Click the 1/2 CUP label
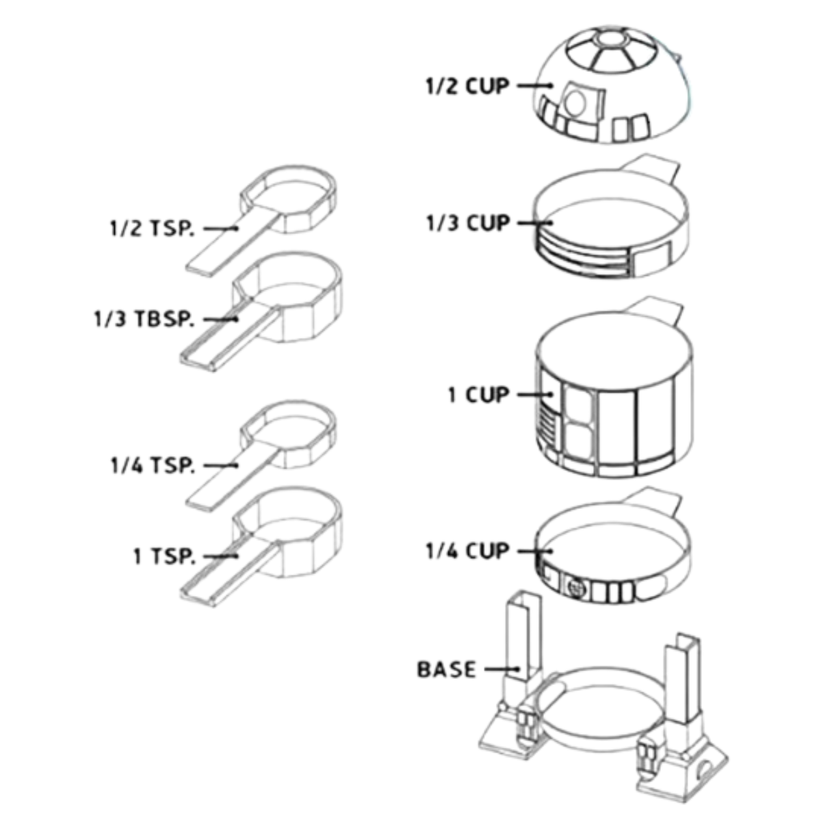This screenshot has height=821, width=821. click(x=467, y=86)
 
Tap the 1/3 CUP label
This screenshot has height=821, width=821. click(x=468, y=223)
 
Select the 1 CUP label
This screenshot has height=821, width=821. click(x=478, y=395)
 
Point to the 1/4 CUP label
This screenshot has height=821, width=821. click(x=468, y=551)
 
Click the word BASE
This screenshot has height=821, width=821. click(x=446, y=669)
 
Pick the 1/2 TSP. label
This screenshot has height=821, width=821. click(x=152, y=229)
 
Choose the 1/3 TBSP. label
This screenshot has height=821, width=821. click(x=144, y=319)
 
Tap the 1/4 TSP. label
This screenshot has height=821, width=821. click(x=153, y=466)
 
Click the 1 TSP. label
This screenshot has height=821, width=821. click(x=164, y=556)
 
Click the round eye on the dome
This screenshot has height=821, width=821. click(x=575, y=103)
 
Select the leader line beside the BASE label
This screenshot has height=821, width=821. click(x=503, y=669)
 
